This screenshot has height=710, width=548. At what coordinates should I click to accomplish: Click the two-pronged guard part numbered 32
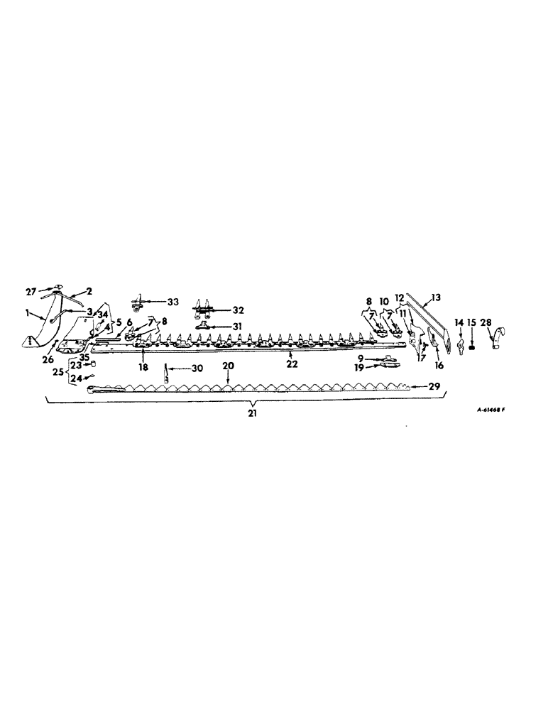[202, 310]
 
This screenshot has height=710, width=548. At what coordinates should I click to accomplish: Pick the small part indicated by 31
[203, 325]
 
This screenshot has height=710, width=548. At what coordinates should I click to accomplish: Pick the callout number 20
[227, 365]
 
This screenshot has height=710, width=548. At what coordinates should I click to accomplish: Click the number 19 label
[361, 369]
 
